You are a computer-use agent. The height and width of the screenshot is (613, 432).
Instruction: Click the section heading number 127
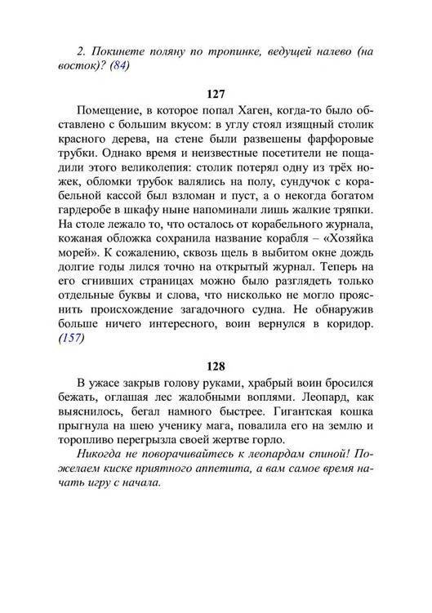(x=216, y=94)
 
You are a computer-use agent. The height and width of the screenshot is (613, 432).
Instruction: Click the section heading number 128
(x=216, y=366)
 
